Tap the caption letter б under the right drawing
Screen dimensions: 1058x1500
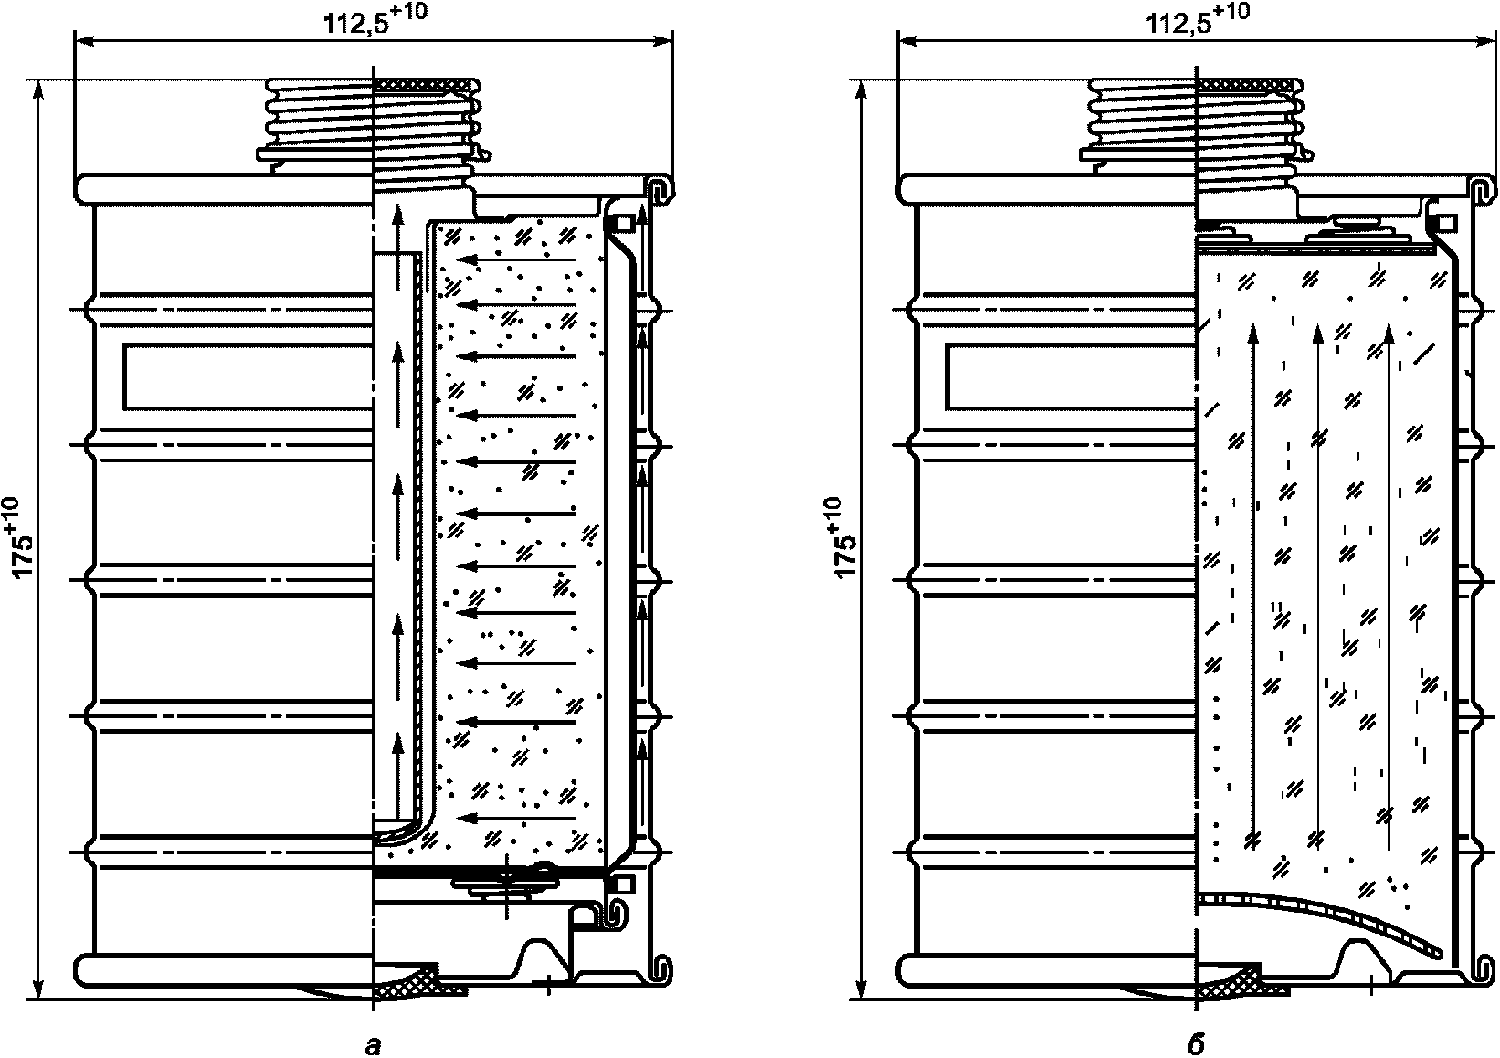tap(1197, 1045)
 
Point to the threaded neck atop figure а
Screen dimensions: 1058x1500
tap(373, 123)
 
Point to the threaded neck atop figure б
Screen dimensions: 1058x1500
tap(1195, 123)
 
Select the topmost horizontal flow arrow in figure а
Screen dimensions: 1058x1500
tap(516, 259)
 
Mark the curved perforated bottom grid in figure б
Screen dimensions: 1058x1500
tap(1325, 918)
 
